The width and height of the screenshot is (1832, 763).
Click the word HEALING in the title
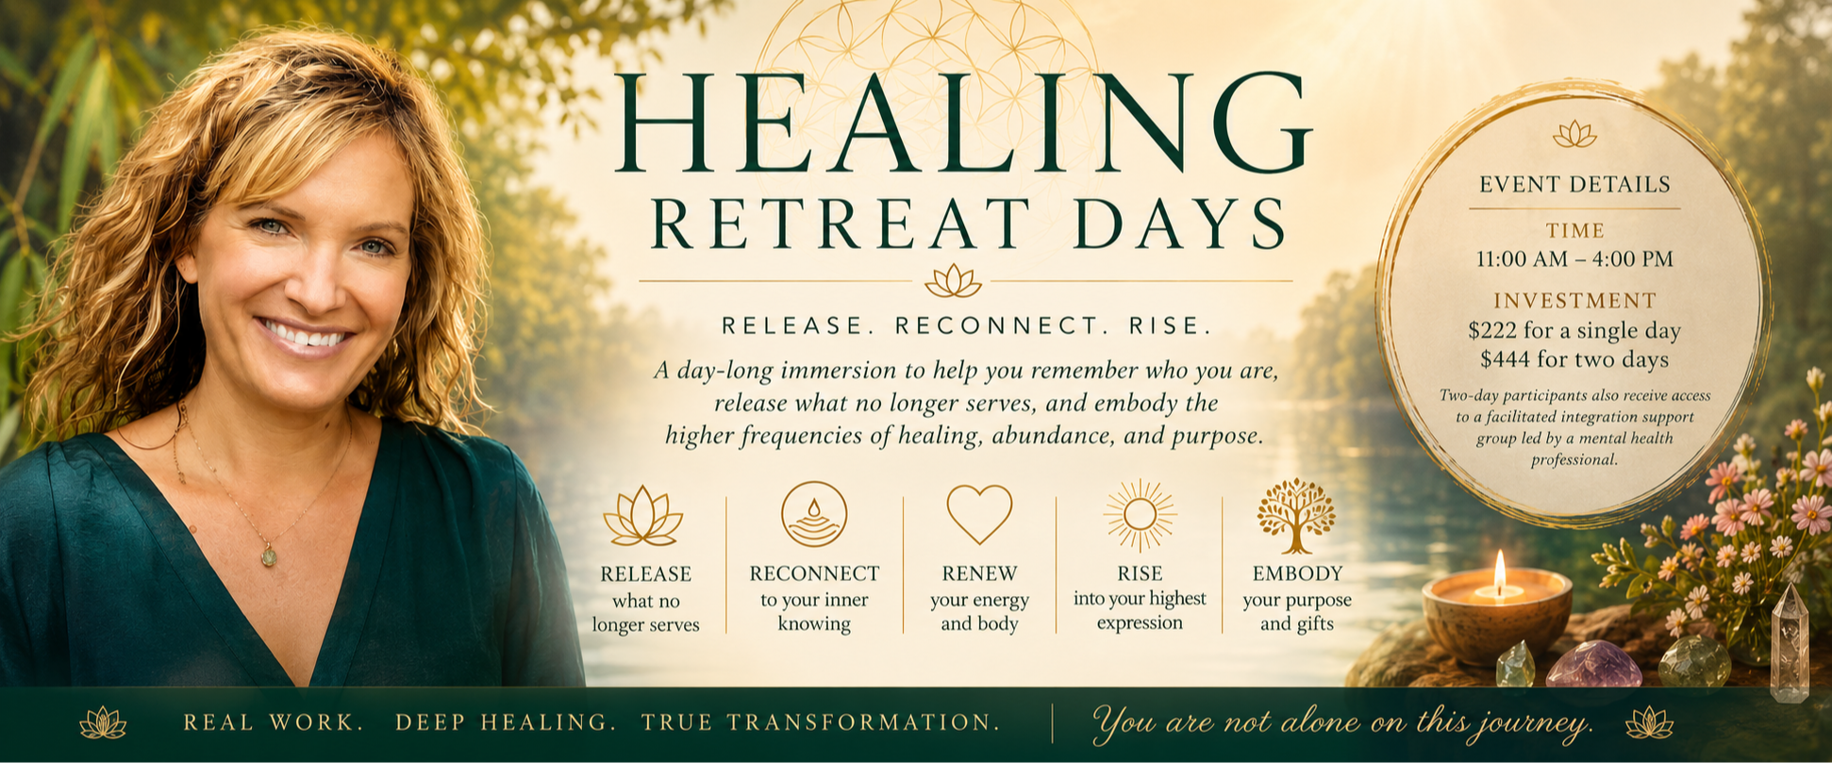click(x=963, y=124)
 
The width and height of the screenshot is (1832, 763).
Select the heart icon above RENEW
click(x=979, y=514)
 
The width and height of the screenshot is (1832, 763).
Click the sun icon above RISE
click(x=1140, y=514)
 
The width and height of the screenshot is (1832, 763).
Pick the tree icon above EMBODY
click(x=1296, y=515)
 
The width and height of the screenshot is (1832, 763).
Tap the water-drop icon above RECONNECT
click(x=813, y=514)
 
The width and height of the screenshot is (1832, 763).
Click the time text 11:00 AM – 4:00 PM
click(x=1574, y=258)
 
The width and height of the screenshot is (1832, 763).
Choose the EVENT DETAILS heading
click(x=1574, y=184)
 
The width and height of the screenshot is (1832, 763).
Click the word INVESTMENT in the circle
click(x=1574, y=301)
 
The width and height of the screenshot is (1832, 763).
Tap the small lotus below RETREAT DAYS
click(x=953, y=280)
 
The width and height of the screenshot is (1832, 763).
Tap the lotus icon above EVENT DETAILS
click(x=1574, y=134)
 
